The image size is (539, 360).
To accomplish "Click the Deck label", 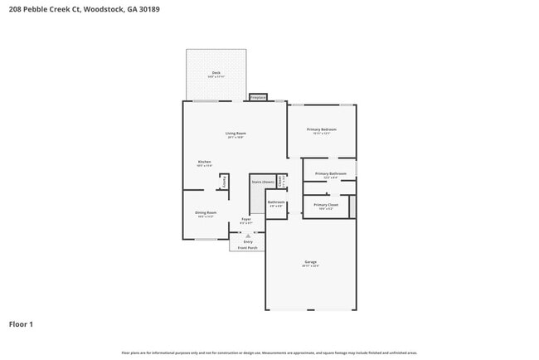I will (216, 73).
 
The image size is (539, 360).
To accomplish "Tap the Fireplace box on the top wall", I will (258, 97).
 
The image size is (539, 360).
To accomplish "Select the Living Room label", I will (236, 133).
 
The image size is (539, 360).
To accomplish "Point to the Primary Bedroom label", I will (322, 129).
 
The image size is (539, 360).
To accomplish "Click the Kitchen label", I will (204, 162).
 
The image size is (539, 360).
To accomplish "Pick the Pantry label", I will (224, 182).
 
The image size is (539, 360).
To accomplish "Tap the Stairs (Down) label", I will (263, 181).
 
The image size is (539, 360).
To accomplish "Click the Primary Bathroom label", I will (329, 174).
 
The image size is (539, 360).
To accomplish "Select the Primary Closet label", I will (326, 204).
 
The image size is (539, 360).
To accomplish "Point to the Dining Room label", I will (206, 212).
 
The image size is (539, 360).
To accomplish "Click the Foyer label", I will (246, 219).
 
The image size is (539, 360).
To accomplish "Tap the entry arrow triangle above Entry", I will (247, 236).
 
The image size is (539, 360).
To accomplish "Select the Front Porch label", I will (248, 247).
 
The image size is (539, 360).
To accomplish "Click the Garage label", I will (310, 262).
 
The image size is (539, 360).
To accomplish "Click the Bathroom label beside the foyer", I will (276, 202).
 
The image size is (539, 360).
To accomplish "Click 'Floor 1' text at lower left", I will (21, 324).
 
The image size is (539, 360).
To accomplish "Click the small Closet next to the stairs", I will (281, 180).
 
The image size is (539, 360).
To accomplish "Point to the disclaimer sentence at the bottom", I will (269, 352).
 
